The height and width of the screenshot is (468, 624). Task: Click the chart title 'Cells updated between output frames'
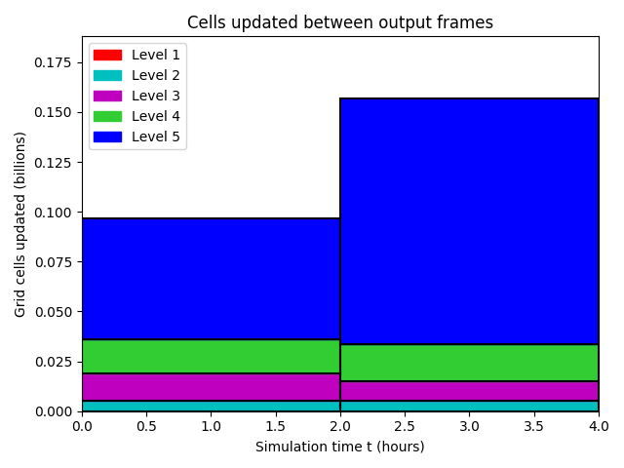point(340,22)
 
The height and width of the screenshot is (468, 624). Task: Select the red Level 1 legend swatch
point(107,55)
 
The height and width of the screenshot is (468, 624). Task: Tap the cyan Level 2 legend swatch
point(107,76)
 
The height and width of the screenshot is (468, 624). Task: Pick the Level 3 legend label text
point(156,96)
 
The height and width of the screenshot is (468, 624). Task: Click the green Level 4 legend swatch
point(107,116)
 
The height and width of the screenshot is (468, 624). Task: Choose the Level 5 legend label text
point(156,136)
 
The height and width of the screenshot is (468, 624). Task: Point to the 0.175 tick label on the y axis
point(53,62)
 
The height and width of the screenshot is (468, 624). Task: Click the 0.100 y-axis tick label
point(53,213)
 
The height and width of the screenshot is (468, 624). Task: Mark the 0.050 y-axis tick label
point(53,312)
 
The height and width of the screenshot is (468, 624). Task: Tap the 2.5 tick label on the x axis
point(405,426)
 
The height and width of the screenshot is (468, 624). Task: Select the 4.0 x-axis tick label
point(599,426)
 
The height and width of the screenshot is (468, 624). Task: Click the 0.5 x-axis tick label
point(146,426)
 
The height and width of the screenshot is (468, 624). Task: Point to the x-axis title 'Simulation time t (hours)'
point(340,447)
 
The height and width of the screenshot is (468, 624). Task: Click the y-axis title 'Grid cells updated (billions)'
point(19,224)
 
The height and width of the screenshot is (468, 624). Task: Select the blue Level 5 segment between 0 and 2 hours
point(212,279)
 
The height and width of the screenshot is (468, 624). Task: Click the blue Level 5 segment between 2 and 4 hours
point(470,221)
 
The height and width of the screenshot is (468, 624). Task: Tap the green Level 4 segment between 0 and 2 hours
point(212,356)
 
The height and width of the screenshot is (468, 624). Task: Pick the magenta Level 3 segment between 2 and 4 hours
point(470,391)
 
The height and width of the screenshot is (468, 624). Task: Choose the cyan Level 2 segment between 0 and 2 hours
point(212,406)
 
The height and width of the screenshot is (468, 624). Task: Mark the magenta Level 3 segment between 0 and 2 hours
point(212,387)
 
